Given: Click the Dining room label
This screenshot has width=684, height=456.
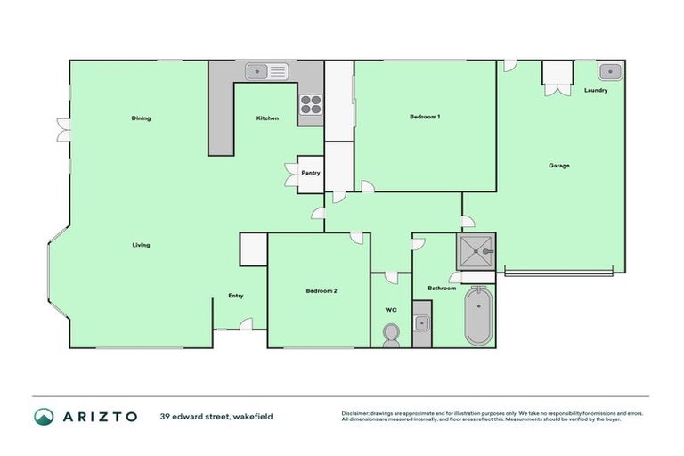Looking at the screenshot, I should tap(141, 118).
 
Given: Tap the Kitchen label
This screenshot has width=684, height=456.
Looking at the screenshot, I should tap(267, 118).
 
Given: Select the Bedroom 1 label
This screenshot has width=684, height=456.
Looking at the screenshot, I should tap(425, 117).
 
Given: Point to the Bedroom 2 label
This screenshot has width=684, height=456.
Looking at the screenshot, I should tap(322, 291).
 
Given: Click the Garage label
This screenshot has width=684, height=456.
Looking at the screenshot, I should tap(558, 165).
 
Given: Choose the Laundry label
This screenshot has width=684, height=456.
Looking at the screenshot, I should tap(596, 91).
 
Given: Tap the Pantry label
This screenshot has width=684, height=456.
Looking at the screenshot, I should tap(311, 173).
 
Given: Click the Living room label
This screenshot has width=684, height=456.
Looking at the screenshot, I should tap(141, 245).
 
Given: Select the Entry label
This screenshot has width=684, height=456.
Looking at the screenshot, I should tap(235, 296).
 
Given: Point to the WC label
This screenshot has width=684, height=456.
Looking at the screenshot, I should tap(390, 310).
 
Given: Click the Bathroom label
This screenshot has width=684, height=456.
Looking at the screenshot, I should tap(442, 289).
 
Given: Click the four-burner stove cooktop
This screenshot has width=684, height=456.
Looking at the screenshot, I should tap(310, 104).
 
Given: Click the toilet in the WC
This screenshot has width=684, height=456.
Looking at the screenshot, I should tap(390, 335).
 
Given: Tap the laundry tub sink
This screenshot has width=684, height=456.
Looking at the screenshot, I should tap(610, 70).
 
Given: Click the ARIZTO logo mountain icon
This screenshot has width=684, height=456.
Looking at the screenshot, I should tap(44, 416).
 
